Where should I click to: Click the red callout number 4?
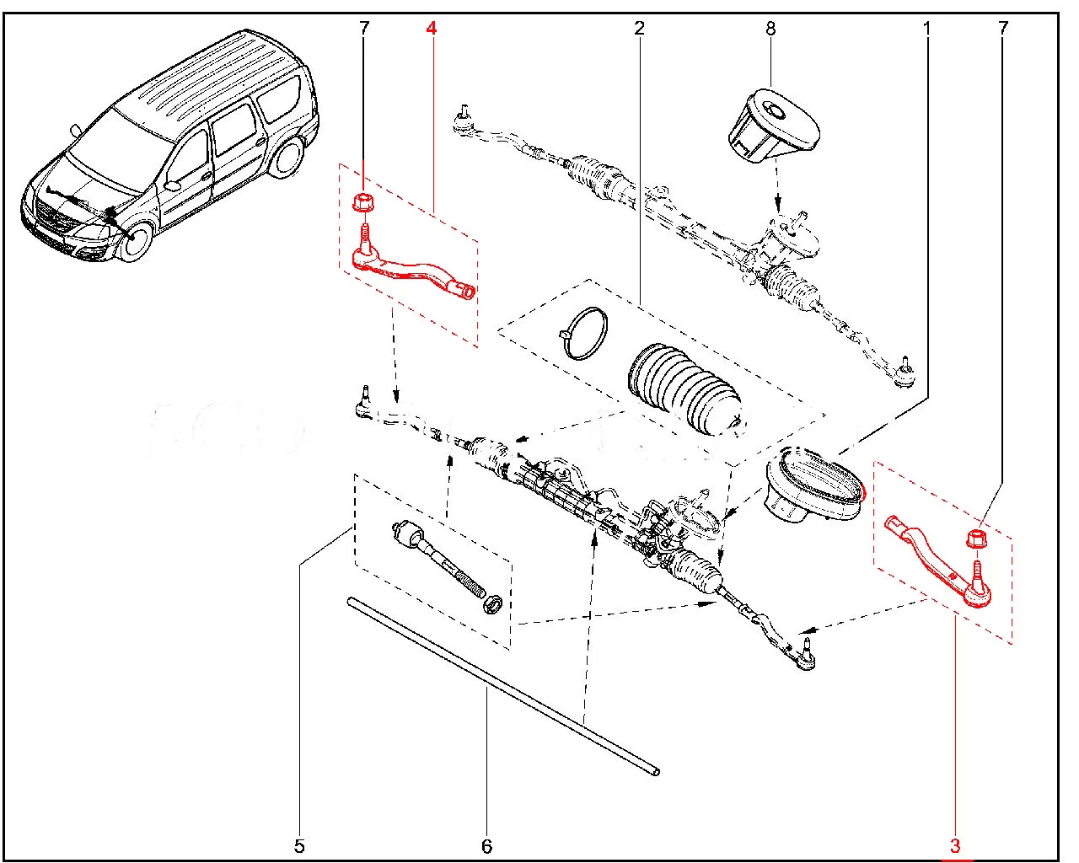[432, 29]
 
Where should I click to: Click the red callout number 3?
[955, 844]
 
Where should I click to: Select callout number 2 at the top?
[639, 29]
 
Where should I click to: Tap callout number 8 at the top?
[770, 29]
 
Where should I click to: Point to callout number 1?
[927, 29]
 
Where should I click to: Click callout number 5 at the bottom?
[299, 845]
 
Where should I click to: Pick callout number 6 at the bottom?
[486, 845]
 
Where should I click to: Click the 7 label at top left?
[364, 29]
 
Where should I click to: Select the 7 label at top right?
[1002, 29]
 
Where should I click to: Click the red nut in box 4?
[363, 202]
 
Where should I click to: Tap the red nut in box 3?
[976, 537]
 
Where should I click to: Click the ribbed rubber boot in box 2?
[683, 388]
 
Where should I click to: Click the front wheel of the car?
[134, 240]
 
